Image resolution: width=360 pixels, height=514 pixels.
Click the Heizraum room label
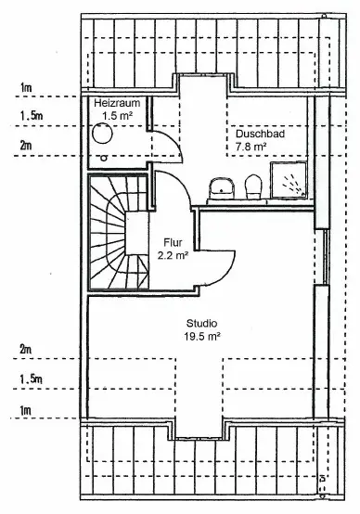[117, 103]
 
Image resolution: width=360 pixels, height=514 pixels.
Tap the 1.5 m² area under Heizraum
[117, 116]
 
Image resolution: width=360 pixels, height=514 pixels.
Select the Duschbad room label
[260, 134]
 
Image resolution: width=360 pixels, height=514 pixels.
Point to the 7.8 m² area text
[251, 147]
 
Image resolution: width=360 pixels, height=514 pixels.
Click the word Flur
[173, 242]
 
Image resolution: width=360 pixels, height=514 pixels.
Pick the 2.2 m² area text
[173, 255]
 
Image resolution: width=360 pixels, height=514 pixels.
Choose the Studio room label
[201, 323]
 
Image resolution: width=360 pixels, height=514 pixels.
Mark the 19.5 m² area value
[201, 337]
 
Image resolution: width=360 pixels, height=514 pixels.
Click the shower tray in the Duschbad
[289, 180]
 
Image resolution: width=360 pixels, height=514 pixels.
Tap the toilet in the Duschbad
[253, 186]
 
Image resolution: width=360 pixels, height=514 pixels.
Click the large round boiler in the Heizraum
[103, 134]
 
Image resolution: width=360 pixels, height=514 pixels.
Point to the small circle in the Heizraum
[104, 158]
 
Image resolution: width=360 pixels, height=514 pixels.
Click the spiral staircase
[119, 233]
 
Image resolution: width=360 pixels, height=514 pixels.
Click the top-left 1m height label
[26, 87]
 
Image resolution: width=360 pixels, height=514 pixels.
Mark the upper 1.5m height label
[32, 116]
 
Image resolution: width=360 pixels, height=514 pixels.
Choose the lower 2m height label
[26, 350]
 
